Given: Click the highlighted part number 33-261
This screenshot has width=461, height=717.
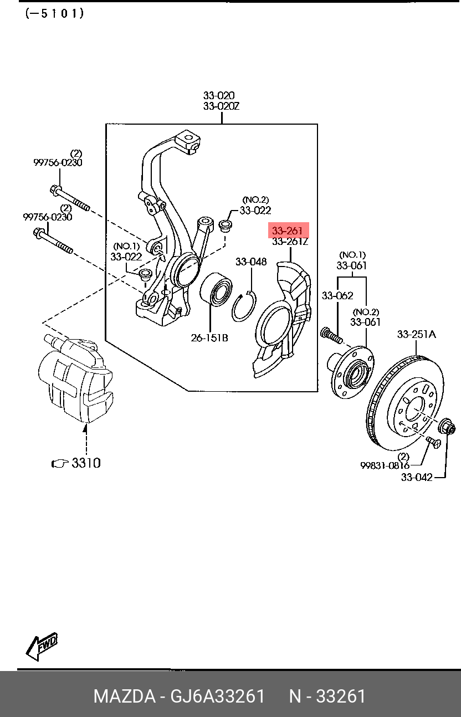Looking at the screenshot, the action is pos(288,231).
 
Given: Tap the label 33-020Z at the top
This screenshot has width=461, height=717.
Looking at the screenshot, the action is pos(221,106).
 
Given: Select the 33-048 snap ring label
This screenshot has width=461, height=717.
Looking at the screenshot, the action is pos(252,262).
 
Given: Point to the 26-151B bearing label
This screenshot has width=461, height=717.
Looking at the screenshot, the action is pos(209,337).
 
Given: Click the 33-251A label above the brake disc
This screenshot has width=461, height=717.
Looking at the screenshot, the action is pos(417,334).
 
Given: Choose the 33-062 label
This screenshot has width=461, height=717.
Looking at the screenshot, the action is pos(337,295).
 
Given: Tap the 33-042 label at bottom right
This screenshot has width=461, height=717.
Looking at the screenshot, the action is pos(417,477).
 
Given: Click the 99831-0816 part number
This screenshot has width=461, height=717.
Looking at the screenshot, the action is pos(385,465).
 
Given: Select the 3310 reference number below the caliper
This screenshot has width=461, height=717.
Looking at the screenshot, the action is pos(86,463).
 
